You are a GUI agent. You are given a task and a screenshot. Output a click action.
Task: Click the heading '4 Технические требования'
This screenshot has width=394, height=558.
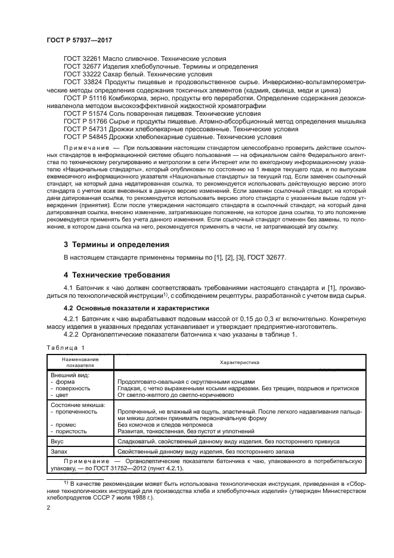(x=117, y=275)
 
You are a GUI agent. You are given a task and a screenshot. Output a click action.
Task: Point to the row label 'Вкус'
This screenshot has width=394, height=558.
(x=57, y=441)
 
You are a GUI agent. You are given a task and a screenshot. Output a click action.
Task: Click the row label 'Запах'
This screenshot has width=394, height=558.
(x=58, y=452)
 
